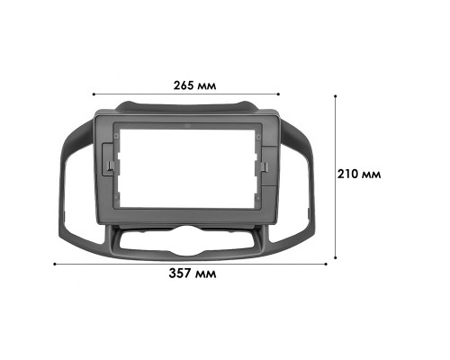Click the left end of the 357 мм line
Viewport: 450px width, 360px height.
coord(55,264)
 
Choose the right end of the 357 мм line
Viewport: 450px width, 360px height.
coord(325,264)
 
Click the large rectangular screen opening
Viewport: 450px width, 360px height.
coord(186,166)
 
